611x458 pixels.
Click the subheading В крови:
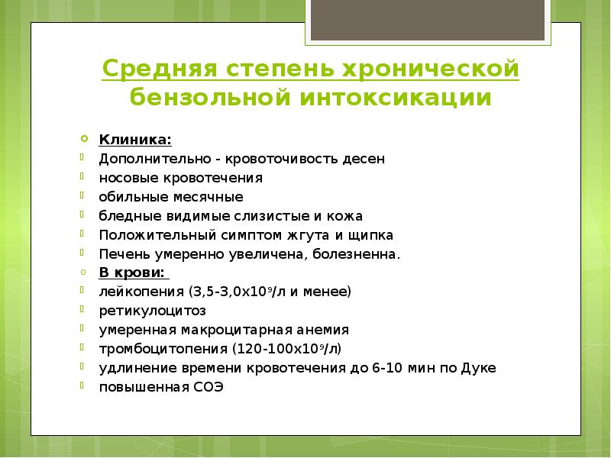(x=134, y=273)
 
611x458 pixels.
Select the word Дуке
(x=480, y=368)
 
